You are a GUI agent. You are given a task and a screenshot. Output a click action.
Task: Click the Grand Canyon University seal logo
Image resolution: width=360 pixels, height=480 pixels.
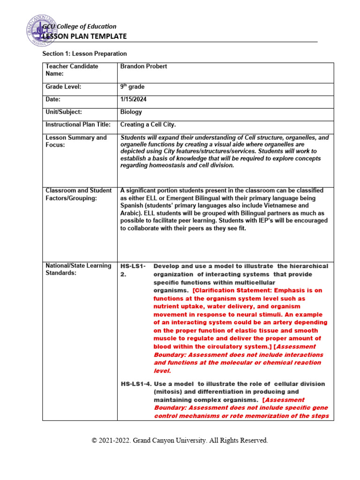pos(43,30)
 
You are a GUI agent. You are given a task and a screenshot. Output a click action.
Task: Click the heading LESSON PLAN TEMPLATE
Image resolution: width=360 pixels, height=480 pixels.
pos(85,36)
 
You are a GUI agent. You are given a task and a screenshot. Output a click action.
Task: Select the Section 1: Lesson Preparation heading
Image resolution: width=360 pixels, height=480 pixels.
pos(84,54)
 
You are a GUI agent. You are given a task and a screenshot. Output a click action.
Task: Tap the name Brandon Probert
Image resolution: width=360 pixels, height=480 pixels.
pos(143,67)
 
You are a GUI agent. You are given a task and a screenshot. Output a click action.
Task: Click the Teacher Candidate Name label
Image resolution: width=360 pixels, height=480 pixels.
pos(72,70)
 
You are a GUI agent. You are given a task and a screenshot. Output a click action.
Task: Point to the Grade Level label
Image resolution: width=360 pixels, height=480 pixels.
pos(63,87)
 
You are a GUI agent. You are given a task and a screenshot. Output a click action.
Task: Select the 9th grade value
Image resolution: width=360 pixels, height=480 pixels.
pos(132,87)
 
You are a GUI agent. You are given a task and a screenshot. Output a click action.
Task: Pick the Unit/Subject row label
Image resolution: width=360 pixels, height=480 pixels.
pos(64,112)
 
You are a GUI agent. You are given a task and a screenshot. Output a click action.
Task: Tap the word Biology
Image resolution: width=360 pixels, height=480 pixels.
pos(131,112)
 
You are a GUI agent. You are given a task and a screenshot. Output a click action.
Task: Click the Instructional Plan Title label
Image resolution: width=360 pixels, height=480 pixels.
pos(78,125)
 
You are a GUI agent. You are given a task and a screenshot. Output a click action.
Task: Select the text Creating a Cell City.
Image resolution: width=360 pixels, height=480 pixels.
pos(148,125)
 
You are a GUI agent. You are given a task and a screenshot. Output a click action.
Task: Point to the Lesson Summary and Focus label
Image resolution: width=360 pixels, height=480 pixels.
pos(76,141)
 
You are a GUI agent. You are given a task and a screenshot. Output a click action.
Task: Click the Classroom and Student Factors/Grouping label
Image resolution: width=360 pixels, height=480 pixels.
pos(78,195)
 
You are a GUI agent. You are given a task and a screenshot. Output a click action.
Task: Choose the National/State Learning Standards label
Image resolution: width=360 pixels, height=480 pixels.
pos(78,269)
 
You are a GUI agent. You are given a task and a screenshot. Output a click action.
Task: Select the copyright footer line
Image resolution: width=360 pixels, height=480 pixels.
pos(180,441)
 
